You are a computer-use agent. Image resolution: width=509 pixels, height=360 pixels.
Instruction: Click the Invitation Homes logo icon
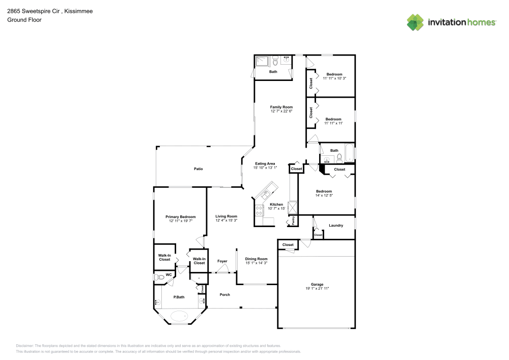coord(415,22)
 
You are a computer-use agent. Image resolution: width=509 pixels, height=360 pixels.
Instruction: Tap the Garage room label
coord(317,284)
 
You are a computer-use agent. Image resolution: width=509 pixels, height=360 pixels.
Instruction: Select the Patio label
coord(199,169)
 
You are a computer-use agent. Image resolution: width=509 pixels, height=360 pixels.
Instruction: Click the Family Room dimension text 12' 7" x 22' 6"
coord(281,111)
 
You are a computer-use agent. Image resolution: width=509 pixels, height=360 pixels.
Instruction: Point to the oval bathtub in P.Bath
coord(179,316)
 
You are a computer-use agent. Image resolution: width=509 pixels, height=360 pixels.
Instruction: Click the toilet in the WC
coord(161,278)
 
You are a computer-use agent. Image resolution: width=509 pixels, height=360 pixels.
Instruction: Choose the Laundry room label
coord(335,225)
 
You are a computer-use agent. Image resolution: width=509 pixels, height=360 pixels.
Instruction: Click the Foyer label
coord(222,261)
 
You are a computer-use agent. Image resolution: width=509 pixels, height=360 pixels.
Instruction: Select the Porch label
coord(224,295)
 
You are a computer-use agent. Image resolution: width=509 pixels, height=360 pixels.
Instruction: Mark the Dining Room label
coord(256,259)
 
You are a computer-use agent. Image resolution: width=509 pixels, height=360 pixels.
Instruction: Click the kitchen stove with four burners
coord(259,210)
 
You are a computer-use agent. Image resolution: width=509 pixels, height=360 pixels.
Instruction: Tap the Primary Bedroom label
coord(180,217)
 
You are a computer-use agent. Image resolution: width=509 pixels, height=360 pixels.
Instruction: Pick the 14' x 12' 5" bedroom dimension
coord(324,196)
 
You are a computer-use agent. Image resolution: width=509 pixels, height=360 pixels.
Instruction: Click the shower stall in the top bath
coord(262,62)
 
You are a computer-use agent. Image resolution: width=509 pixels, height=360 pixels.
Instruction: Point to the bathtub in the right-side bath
coord(349,153)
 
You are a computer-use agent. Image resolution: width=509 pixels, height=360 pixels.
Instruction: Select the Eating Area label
coord(264,163)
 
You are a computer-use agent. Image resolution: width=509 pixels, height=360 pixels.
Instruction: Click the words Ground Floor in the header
coord(24,20)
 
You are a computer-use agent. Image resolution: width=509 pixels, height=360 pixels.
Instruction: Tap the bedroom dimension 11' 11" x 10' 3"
coord(334,78)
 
